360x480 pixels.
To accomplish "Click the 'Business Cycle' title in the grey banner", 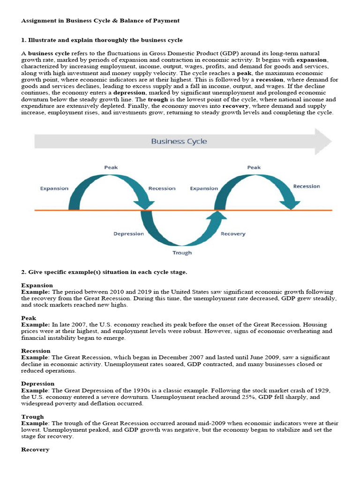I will tap(179, 141).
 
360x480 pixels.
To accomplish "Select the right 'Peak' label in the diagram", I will tap(254, 167).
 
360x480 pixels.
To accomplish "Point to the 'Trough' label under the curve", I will tap(182, 253).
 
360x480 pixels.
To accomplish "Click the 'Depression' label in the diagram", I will tap(128, 233).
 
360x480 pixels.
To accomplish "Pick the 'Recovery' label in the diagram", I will tap(232, 233).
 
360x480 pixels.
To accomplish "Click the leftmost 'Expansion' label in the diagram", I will tap(54, 188).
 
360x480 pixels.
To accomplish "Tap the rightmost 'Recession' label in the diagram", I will tap(307, 186).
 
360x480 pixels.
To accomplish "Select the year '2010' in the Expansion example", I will tap(115, 292).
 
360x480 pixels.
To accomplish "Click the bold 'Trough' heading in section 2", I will tap(32, 416).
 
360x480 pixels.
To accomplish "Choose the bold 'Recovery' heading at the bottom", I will tap(35, 449).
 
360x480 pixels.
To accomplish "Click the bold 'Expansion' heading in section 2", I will tap(37, 285).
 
